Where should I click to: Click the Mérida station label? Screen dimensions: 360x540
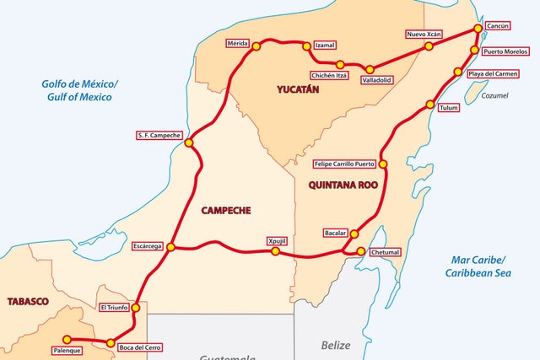pyautogui.click(x=239, y=43)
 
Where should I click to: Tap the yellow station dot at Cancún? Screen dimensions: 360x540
pyautogui.click(x=478, y=28)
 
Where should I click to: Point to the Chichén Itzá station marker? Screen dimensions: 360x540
pyautogui.click(x=340, y=64)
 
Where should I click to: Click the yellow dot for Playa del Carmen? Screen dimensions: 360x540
pyautogui.click(x=460, y=73)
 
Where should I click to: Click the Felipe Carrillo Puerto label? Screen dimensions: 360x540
pyautogui.click(x=343, y=164)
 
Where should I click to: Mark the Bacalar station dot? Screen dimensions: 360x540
pyautogui.click(x=354, y=234)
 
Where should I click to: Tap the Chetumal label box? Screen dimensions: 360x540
pyautogui.click(x=385, y=251)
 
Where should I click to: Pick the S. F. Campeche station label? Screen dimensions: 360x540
pyautogui.click(x=159, y=135)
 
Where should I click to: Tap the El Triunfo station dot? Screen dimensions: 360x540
pyautogui.click(x=136, y=308)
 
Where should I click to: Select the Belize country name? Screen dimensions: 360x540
pyautogui.click(x=334, y=345)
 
